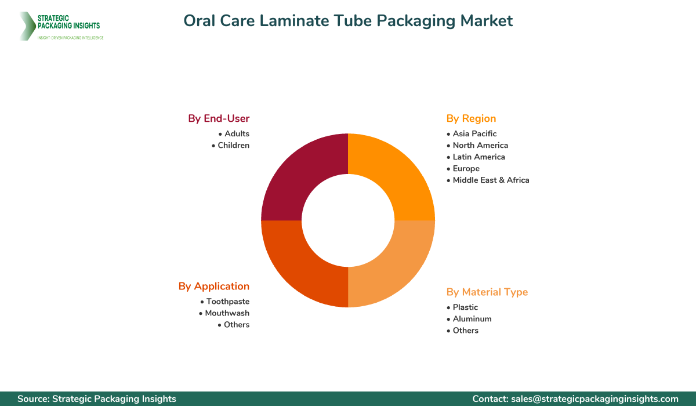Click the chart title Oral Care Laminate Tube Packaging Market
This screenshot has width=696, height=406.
348,21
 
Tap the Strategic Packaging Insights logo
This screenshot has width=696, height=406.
60,26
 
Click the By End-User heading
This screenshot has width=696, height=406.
219,118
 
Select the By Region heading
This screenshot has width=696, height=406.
471,118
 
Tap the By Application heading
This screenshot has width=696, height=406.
214,286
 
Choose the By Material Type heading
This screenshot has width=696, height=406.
487,292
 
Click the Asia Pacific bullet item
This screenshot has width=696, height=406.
474,133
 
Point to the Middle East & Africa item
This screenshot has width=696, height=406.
491,180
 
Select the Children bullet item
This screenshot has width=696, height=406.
233,145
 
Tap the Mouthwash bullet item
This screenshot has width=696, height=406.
227,313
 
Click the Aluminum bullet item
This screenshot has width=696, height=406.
472,318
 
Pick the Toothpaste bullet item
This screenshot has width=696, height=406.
227,301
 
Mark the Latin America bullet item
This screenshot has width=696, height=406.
478,157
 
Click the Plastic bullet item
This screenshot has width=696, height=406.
465,307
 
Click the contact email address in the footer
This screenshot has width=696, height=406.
594,398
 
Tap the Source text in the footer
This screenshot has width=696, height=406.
97,398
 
